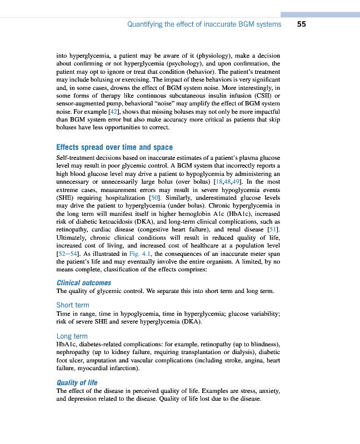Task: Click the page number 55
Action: pyautogui.click(x=302, y=24)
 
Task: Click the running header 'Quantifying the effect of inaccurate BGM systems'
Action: pyautogui.click(x=204, y=24)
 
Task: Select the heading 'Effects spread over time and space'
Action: pyautogui.click(x=114, y=147)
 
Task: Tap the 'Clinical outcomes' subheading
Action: pyautogui.click(x=84, y=282)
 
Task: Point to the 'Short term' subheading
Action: pyautogui.click(x=72, y=305)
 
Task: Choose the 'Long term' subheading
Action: pyautogui.click(x=72, y=336)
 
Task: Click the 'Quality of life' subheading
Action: pyautogui.click(x=77, y=382)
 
